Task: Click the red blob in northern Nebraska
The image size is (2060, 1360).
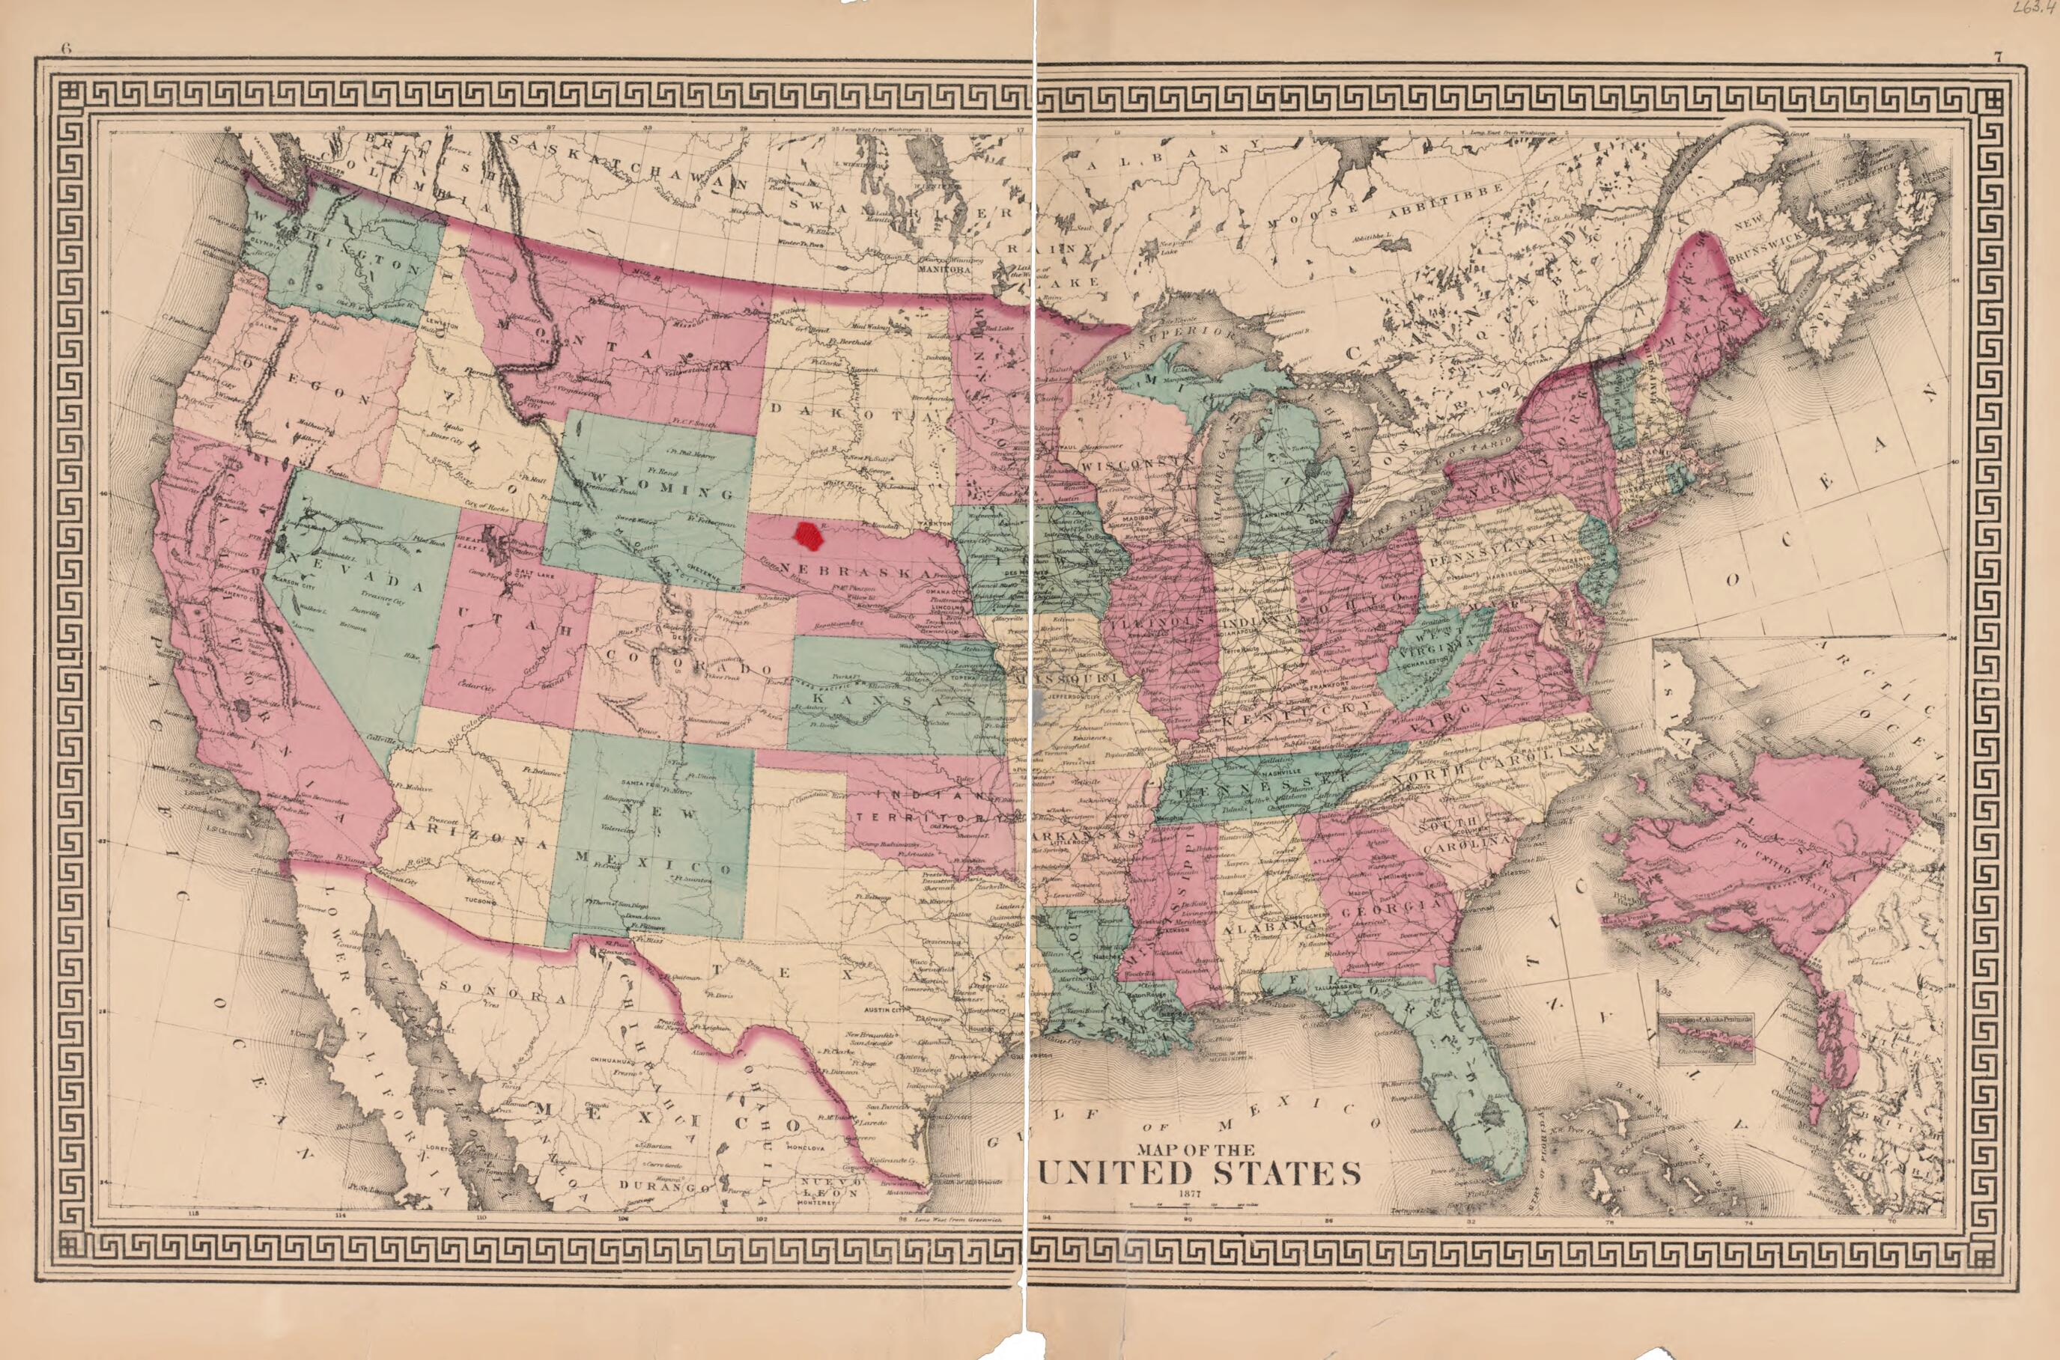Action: coord(810,537)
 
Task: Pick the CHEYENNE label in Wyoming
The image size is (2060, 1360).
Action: coord(701,569)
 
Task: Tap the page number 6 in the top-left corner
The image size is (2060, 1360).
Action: coord(65,49)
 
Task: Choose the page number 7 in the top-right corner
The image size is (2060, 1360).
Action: coord(1996,57)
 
